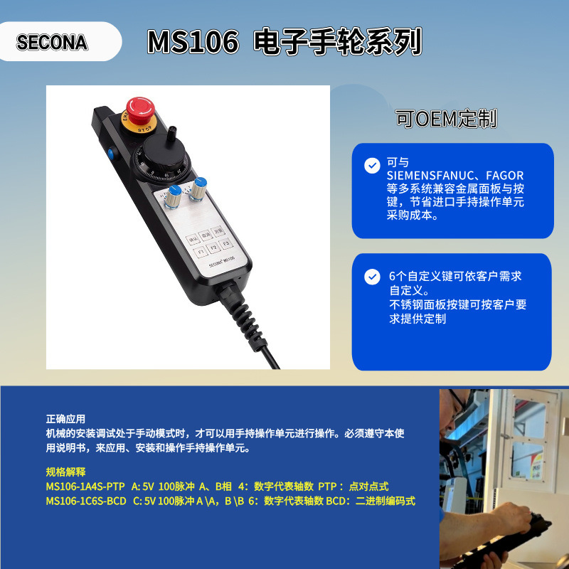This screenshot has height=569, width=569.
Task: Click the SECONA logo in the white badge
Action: click(x=52, y=42)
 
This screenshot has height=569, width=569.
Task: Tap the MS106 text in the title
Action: click(x=193, y=42)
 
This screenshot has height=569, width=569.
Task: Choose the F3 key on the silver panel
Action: click(x=226, y=245)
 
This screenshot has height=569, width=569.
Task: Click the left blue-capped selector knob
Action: click(x=174, y=201)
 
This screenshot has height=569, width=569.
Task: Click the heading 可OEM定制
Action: click(x=446, y=119)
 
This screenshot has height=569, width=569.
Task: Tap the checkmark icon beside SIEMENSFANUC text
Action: click(x=372, y=166)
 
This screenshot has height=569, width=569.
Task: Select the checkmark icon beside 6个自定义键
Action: click(x=372, y=277)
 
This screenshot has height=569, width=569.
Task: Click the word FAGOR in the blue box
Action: click(x=505, y=175)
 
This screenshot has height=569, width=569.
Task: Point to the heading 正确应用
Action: click(x=65, y=420)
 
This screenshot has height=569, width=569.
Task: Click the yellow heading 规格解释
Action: click(x=65, y=472)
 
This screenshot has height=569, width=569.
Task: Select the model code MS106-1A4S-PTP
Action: click(x=86, y=486)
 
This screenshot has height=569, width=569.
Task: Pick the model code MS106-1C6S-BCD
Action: click(x=86, y=501)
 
